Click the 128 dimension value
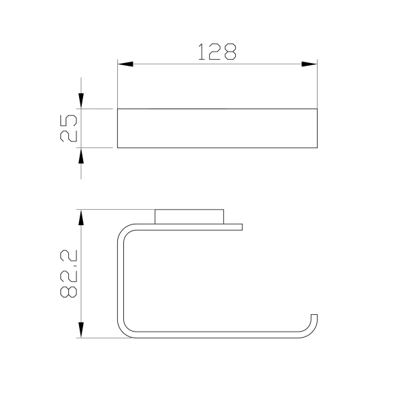click(217, 52)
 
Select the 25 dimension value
click(68, 128)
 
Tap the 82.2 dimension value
click(68, 274)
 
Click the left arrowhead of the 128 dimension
click(125, 64)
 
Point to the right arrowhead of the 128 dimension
click(310, 64)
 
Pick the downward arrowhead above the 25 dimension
click(81, 101)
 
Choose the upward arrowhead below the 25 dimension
click(81, 155)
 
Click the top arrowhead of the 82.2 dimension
click(81, 217)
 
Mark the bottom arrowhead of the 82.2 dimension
click(81, 330)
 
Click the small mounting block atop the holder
click(189, 216)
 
